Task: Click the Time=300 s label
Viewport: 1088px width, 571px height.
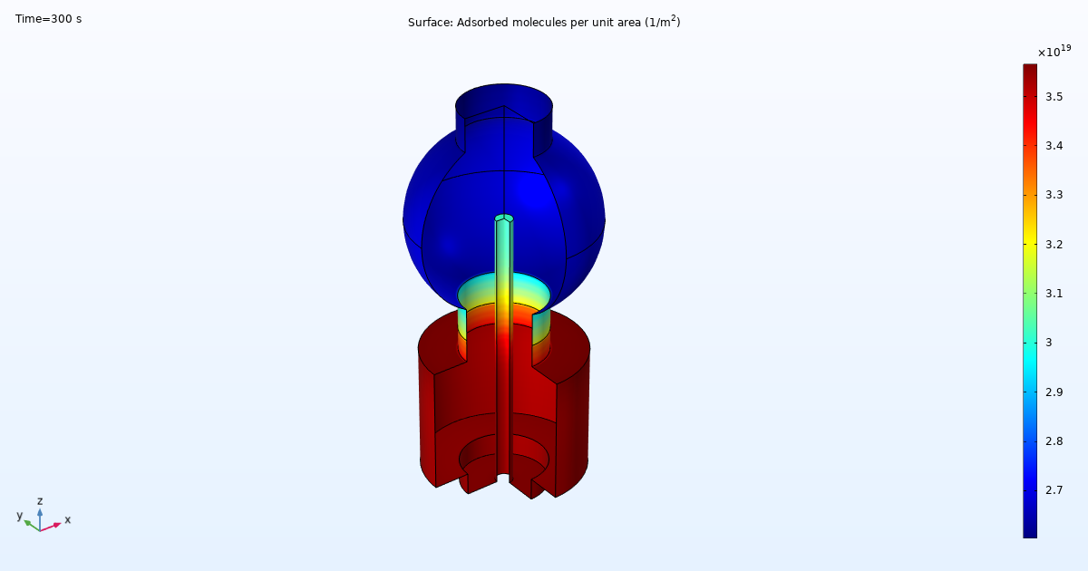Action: [x=48, y=19]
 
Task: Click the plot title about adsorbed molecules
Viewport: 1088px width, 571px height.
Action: [x=544, y=22]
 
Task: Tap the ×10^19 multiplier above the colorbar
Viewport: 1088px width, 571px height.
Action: [x=1054, y=52]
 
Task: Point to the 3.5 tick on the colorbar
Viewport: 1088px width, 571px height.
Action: [x=1054, y=96]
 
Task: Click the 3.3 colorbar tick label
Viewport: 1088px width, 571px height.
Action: [x=1054, y=195]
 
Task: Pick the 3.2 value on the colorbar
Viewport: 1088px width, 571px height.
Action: [x=1054, y=244]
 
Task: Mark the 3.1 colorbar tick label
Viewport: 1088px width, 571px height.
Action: [x=1054, y=294]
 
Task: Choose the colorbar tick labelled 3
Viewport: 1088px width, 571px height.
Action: [x=1049, y=343]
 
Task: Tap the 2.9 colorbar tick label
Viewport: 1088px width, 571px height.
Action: [x=1054, y=392]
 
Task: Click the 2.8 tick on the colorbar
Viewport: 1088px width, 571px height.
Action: [x=1054, y=441]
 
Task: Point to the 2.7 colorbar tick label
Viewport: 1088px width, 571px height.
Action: [x=1054, y=490]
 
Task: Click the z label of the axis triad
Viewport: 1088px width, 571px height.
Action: [x=40, y=501]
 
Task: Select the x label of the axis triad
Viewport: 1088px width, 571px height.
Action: [x=67, y=519]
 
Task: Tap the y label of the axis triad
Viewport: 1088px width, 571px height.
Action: [x=19, y=516]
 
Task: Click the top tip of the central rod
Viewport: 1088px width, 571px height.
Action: [x=504, y=218]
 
